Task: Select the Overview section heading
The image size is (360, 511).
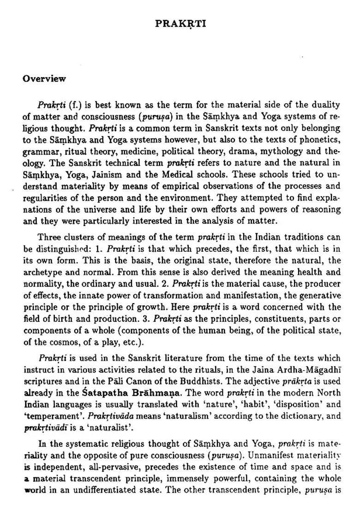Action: [x=44, y=78]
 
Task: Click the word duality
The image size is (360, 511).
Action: [x=326, y=105]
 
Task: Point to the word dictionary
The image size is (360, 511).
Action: [x=297, y=416]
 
